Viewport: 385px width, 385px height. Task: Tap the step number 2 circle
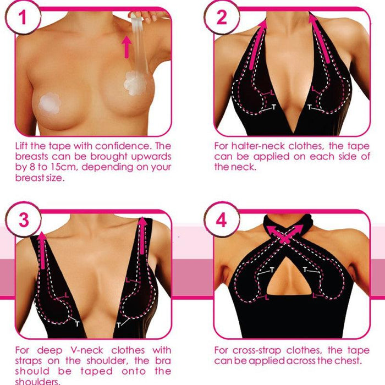(221, 18)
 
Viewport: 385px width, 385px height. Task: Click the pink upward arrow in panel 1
(127, 47)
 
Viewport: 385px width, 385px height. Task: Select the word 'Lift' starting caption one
(23, 146)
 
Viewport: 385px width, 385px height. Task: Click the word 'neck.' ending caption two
(245, 167)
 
